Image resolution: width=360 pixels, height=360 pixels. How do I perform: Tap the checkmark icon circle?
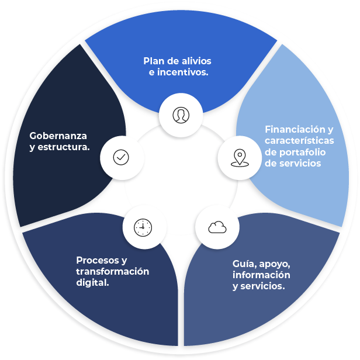[120, 157]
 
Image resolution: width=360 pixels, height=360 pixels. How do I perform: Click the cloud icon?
[217, 227]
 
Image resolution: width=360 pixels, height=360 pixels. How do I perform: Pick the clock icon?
[143, 227]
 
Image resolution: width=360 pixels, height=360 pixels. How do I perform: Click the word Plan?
[154, 61]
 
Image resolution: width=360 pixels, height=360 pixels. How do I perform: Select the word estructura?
[65, 147]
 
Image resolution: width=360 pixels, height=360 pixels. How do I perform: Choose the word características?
[299, 141]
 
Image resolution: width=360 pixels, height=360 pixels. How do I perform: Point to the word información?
[261, 275]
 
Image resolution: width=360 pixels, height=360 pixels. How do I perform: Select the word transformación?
[112, 271]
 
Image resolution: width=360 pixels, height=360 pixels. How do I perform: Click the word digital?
[94, 282]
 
